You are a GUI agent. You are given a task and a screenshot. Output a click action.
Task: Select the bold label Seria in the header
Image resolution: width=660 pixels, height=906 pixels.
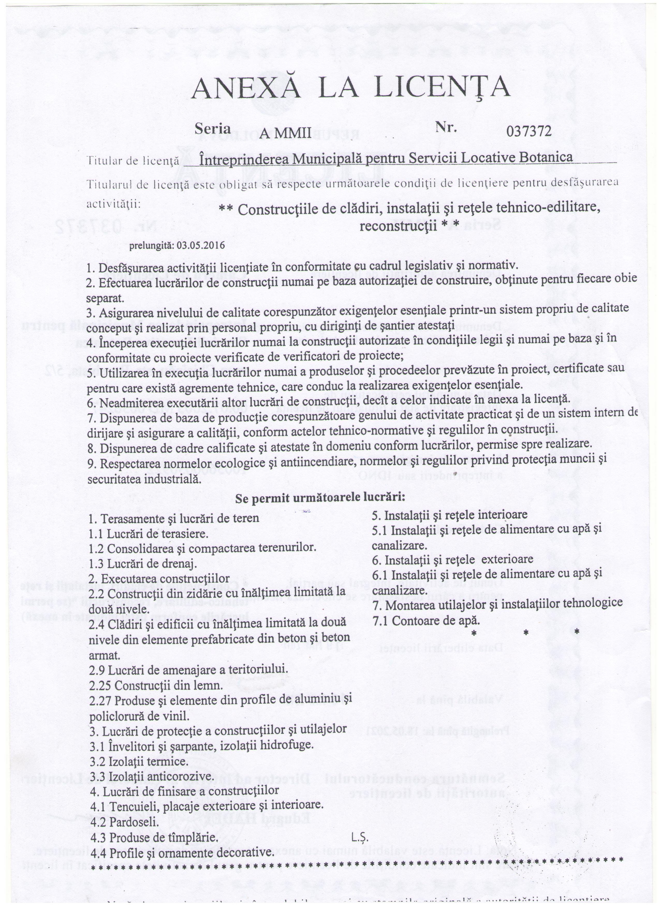coord(212,129)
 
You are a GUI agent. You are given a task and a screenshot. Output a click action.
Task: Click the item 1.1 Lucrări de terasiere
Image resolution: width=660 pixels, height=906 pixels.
coord(148,534)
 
